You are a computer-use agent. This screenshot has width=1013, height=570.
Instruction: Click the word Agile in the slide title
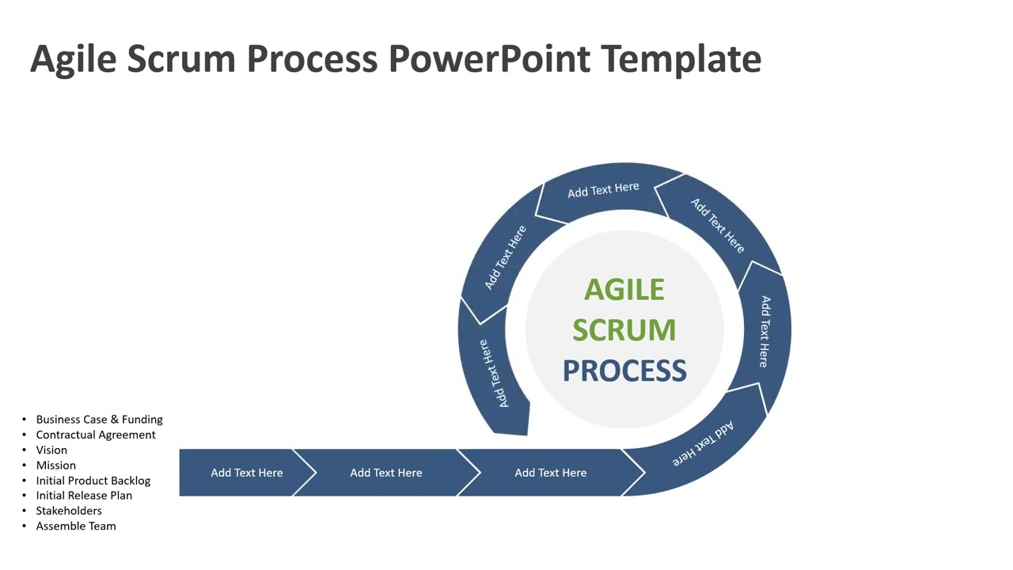(73, 59)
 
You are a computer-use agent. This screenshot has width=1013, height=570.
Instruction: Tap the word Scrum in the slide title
(184, 59)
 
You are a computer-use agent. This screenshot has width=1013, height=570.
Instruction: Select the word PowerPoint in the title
(489, 59)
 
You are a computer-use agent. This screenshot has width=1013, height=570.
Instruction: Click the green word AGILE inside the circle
(624, 290)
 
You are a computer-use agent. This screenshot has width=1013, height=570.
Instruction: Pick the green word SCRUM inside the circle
(624, 330)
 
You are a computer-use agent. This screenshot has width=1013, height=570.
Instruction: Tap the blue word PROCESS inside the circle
(624, 370)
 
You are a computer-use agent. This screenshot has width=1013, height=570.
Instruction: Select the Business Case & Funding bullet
(99, 420)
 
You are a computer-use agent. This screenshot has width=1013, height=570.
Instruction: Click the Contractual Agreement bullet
(96, 435)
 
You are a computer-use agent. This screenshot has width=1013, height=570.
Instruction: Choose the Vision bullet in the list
(51, 450)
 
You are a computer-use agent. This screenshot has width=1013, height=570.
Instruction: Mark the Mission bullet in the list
(56, 465)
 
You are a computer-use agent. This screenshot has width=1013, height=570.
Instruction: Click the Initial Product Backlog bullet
(93, 481)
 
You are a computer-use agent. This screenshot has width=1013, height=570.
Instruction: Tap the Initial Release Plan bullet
(84, 496)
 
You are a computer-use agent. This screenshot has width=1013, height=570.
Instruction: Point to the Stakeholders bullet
(69, 511)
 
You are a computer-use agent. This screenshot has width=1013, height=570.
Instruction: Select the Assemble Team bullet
(76, 526)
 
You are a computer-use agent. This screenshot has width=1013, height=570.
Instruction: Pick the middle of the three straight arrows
(386, 473)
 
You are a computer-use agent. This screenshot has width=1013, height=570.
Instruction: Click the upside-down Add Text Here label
(704, 444)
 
